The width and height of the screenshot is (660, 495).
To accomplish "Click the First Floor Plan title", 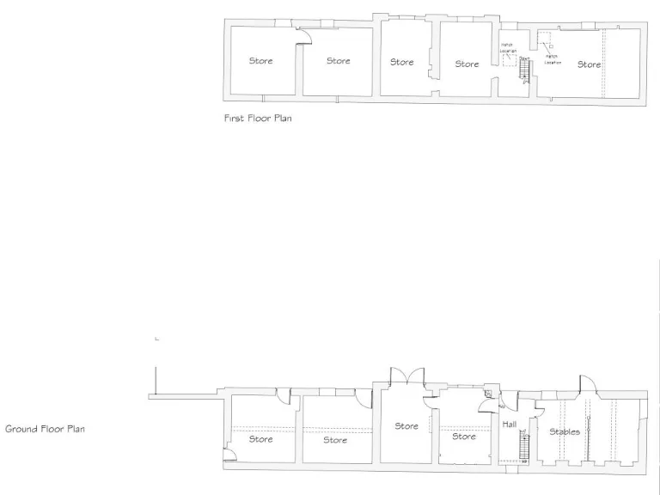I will tap(257, 119).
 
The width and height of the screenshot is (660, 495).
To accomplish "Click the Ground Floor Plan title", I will tap(45, 428).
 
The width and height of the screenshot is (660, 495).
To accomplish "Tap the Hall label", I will tap(509, 424).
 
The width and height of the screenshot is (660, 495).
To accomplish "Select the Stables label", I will tap(564, 431).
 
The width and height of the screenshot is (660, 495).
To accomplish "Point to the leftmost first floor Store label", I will tap(260, 61).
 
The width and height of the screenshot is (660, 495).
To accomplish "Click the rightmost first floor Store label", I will tap(589, 64).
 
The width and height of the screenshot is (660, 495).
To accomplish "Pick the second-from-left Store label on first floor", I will tap(338, 61).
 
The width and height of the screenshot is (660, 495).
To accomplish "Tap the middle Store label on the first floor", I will tap(401, 62).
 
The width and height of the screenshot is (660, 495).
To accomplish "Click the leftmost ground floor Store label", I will tap(260, 439).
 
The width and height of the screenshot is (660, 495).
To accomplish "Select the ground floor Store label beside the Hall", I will tap(463, 437).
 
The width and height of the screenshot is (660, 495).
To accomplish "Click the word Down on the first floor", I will tap(523, 58).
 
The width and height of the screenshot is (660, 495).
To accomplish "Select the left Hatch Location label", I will tap(508, 48).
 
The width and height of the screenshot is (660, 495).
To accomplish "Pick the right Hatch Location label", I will tap(553, 59).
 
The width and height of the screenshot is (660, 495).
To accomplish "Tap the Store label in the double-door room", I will tap(406, 426).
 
